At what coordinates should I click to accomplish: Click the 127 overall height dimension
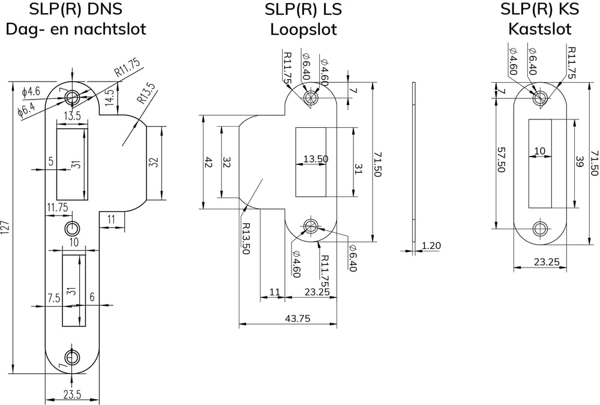[6, 227]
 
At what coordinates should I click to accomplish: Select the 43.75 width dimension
[298, 319]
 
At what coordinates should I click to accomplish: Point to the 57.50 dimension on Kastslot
[502, 160]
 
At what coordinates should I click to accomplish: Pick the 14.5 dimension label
[110, 97]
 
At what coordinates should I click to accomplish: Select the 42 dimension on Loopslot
[209, 162]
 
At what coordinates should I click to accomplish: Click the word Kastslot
[539, 29]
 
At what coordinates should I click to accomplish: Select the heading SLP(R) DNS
[76, 10]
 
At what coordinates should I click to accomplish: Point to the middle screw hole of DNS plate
[72, 228]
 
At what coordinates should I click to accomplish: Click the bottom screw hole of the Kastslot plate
[540, 229]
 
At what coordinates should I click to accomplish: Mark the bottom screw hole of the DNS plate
[72, 358]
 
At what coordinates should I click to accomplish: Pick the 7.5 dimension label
[53, 297]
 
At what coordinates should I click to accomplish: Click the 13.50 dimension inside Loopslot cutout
[315, 159]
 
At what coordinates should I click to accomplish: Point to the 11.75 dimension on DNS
[58, 207]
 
